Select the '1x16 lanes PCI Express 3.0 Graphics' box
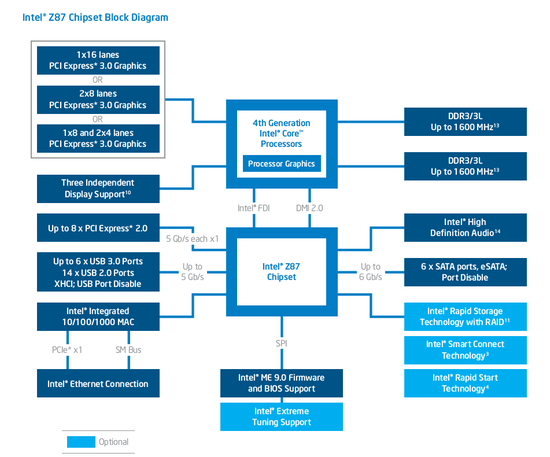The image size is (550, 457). pos(97,61)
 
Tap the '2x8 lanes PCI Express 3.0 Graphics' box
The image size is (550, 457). pos(97,99)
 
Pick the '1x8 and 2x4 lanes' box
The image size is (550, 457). pos(97,138)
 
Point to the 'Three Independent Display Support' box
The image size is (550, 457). pos(97,187)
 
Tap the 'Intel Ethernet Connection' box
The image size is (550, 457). pos(97,383)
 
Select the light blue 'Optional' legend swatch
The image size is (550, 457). pos(81,441)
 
